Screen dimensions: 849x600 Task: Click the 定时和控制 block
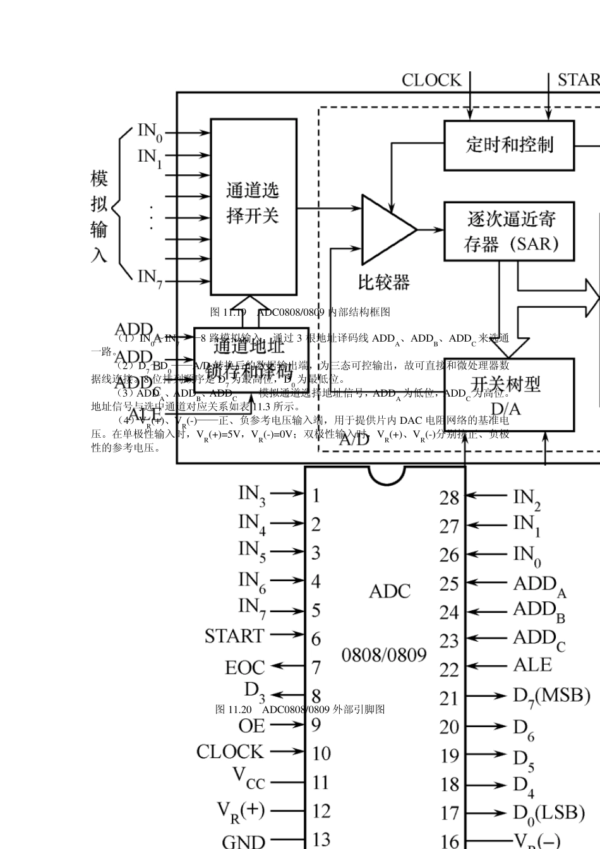click(x=509, y=145)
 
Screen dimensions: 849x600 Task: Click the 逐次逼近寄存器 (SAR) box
click(x=509, y=231)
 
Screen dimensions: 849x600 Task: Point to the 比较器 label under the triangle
click(x=384, y=282)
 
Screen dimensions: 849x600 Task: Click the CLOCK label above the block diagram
click(x=432, y=80)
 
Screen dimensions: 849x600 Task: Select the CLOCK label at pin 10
click(x=230, y=752)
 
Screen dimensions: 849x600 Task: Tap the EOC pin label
click(x=245, y=667)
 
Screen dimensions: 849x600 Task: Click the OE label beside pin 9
click(x=252, y=726)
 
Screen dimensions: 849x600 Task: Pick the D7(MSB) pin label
click(x=551, y=696)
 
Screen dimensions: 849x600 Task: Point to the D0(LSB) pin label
click(x=548, y=812)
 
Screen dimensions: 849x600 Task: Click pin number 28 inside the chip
click(x=450, y=498)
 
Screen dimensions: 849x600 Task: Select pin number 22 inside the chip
click(x=450, y=669)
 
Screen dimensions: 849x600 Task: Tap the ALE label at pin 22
click(x=532, y=665)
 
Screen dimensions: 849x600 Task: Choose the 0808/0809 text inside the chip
click(x=384, y=654)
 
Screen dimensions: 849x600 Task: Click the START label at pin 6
click(x=234, y=635)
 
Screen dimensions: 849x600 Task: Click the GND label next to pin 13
click(x=244, y=841)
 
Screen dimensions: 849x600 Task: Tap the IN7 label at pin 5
click(x=253, y=608)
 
